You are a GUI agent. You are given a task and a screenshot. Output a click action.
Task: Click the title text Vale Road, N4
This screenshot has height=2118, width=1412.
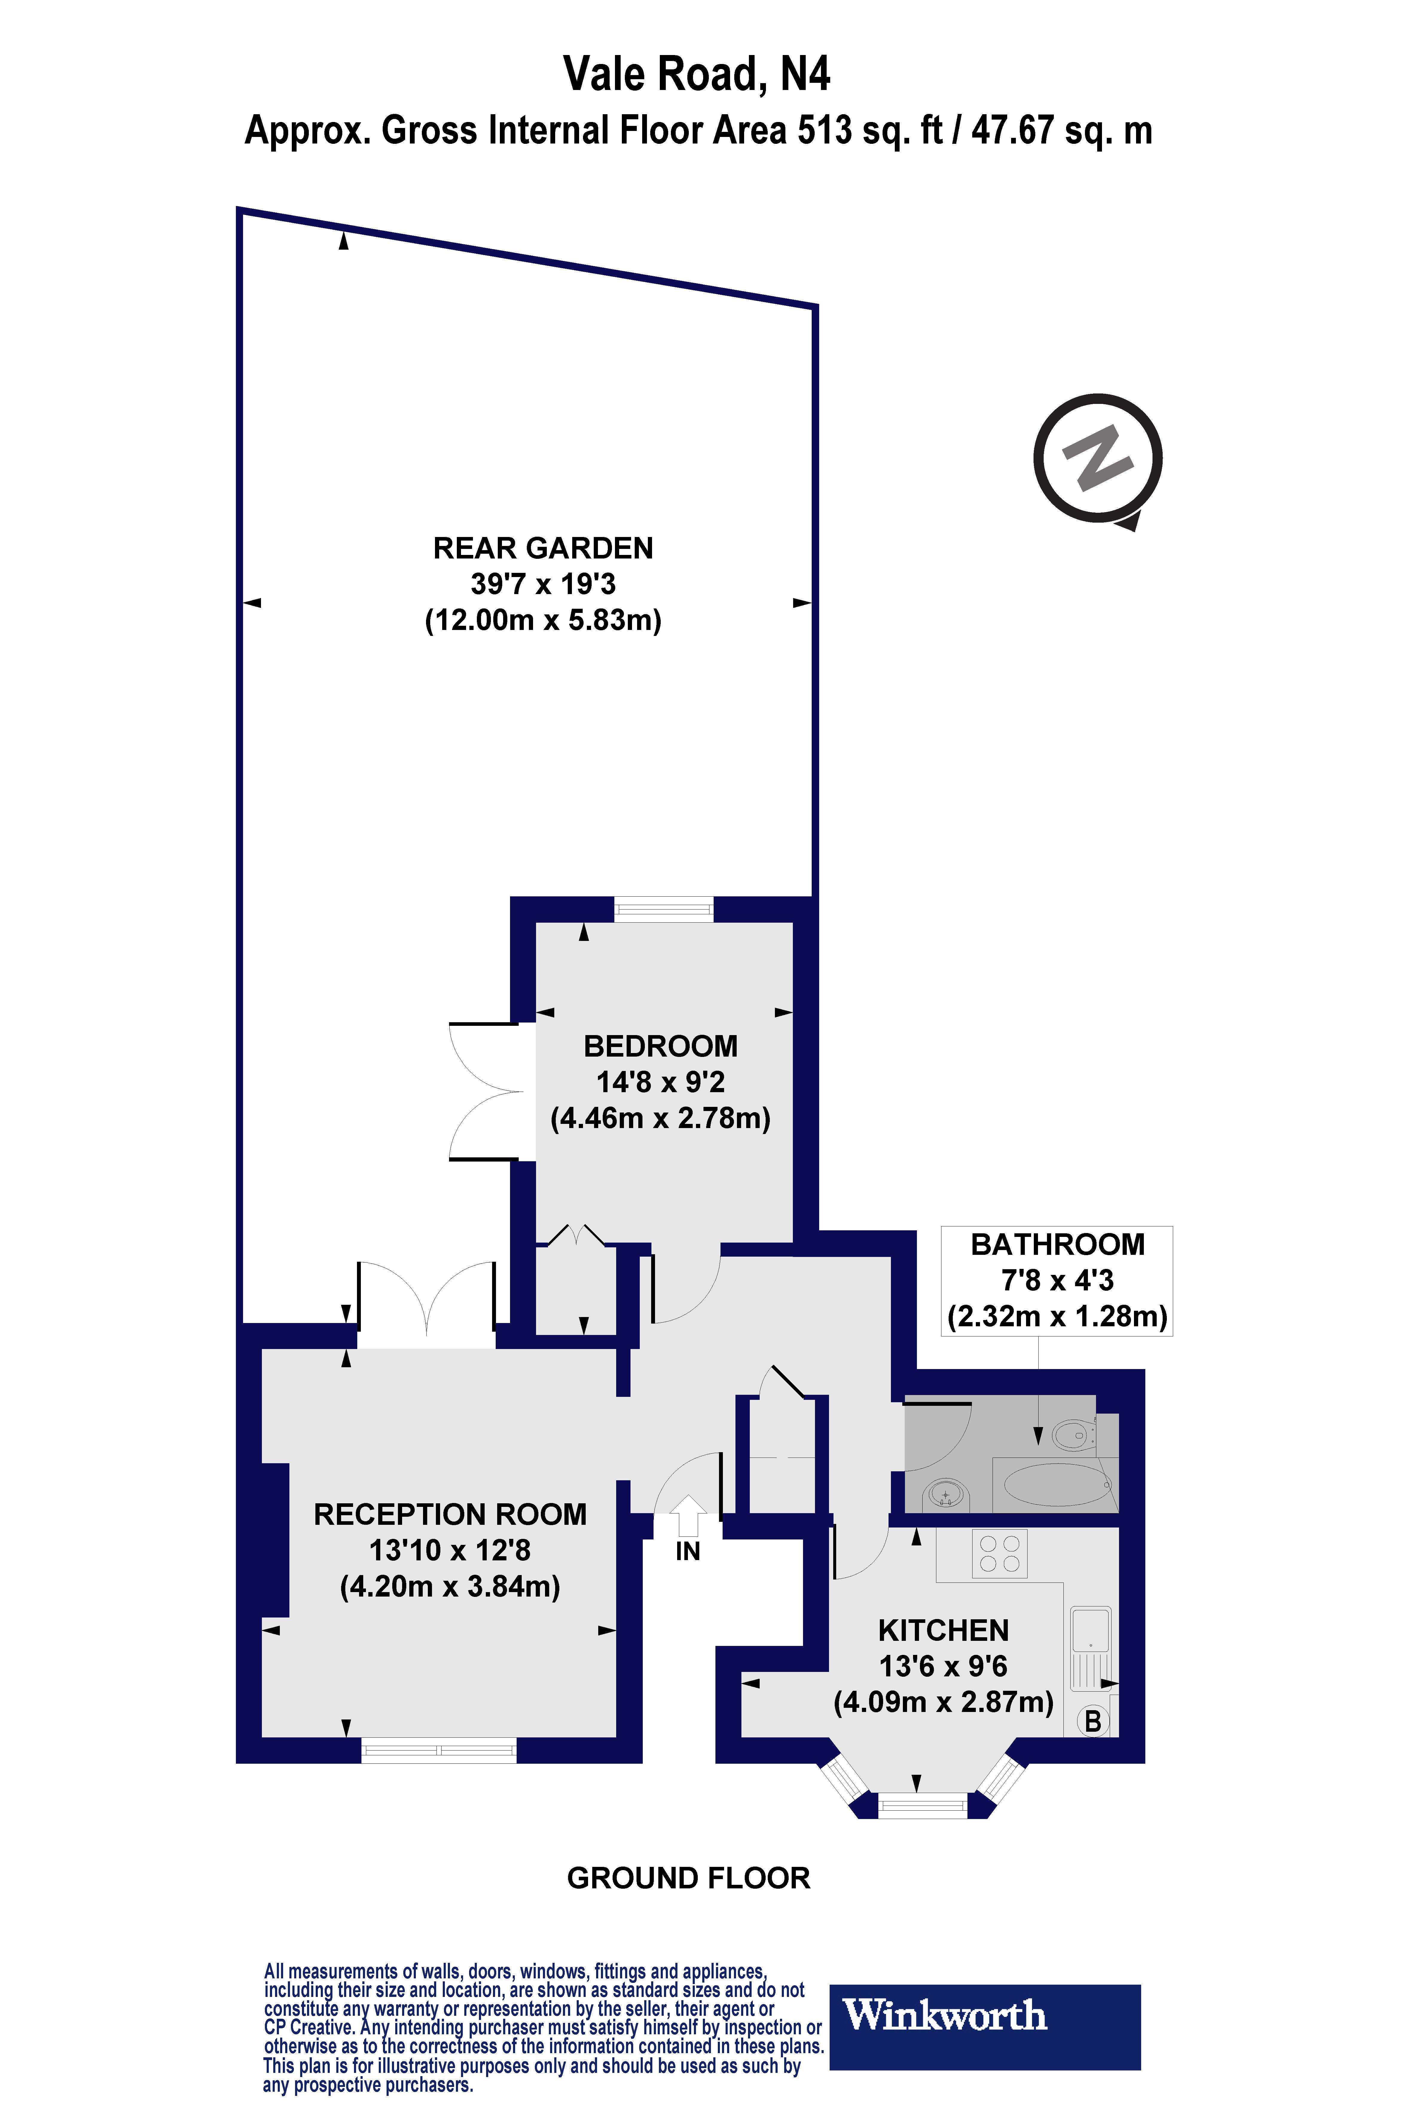tap(696, 74)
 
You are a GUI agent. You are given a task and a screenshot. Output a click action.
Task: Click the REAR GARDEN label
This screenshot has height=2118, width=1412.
tap(543, 548)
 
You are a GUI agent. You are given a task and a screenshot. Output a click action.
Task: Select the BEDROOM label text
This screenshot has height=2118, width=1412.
tap(660, 1046)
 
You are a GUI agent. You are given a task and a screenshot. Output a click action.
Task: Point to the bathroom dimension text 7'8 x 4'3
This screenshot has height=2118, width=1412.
tap(1057, 1281)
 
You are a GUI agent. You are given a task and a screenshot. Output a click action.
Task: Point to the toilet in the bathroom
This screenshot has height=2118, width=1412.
tap(1073, 1435)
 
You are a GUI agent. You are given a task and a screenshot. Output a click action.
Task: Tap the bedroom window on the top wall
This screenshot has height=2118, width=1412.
tap(664, 910)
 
